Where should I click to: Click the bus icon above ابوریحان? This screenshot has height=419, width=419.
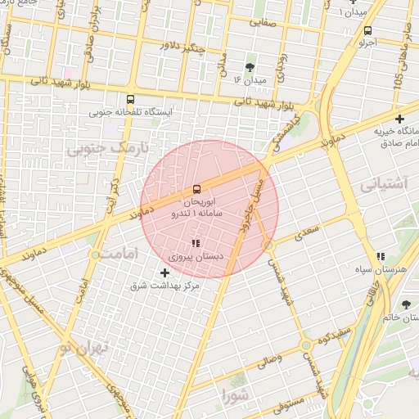click(196, 189)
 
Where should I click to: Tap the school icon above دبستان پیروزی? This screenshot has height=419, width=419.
click(195, 243)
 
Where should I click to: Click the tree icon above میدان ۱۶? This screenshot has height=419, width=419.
click(250, 67)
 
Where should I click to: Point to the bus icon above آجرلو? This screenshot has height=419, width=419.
click(367, 31)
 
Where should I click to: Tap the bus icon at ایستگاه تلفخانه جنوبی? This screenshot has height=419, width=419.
click(130, 99)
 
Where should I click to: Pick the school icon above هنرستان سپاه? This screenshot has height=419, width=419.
click(381, 255)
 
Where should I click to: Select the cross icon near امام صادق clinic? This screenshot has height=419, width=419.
click(399, 119)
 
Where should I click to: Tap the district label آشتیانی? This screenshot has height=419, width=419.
click(383, 184)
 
